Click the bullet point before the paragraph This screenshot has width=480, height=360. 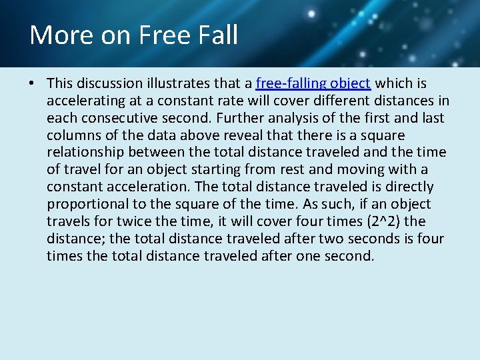[32, 84]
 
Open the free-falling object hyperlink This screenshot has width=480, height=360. [313, 83]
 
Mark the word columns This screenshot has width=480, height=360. [74, 135]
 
